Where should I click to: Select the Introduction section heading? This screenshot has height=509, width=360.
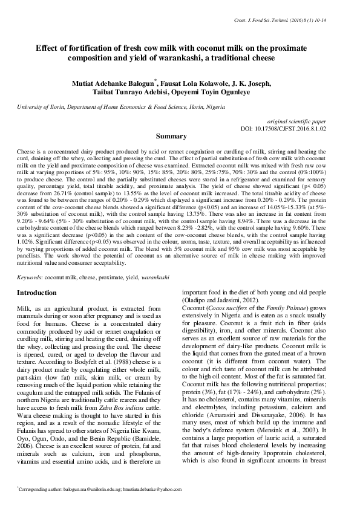coord(37,293)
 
